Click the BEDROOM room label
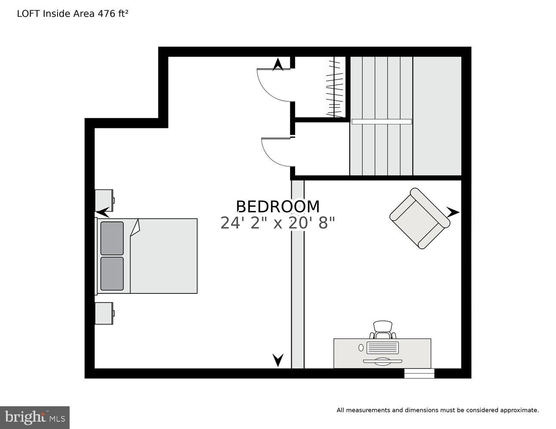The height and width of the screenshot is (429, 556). coord(278,207)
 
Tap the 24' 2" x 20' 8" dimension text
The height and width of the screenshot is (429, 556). coord(277,223)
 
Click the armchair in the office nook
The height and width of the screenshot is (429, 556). coord(419,218)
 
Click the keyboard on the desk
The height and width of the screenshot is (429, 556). coord(382,347)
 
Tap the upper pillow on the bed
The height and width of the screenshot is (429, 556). coord(112,238)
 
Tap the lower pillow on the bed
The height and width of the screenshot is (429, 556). coord(112,273)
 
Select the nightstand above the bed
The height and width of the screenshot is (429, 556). coord(104,200)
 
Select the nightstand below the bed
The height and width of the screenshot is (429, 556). coord(104,313)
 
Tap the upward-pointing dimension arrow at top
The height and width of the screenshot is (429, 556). coord(278,64)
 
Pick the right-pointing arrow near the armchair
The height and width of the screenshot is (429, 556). coord(452,212)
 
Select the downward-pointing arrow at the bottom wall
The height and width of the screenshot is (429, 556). coord(278,360)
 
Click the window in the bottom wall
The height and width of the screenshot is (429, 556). coord(419,374)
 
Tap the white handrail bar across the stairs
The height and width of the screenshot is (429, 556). coord(382,122)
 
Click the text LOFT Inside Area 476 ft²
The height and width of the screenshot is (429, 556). coord(73,14)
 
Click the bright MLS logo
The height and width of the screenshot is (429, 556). coord(35,417)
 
